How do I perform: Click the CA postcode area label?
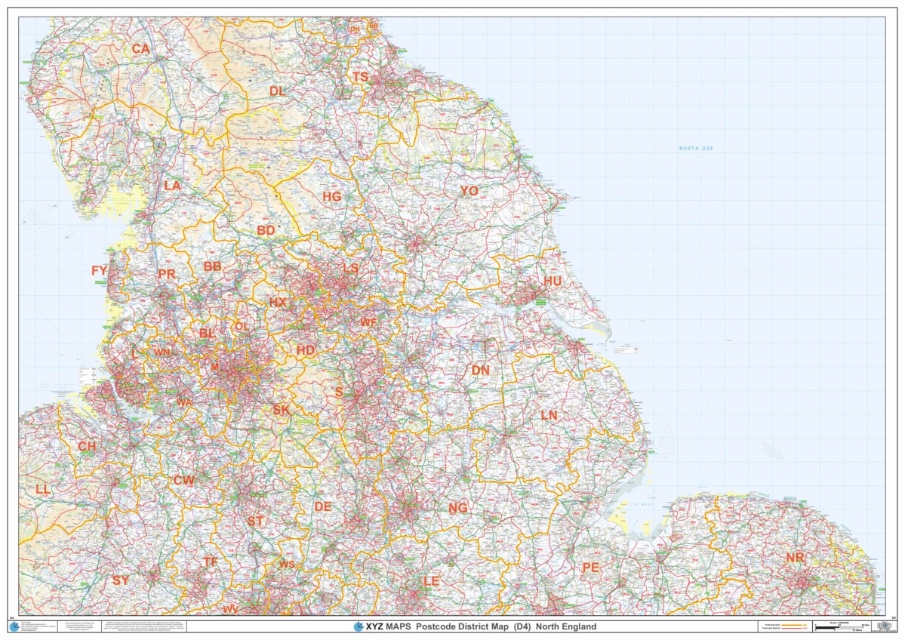click(x=140, y=49)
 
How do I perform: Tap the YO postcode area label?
click(x=469, y=192)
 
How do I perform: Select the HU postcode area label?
click(x=553, y=281)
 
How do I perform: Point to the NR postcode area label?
click(x=795, y=558)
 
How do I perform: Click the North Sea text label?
click(x=695, y=149)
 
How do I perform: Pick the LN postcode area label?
click(x=549, y=416)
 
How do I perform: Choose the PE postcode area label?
click(x=590, y=567)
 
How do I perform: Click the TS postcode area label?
click(x=360, y=77)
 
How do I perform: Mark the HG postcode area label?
click(x=332, y=196)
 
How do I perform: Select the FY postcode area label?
click(x=100, y=270)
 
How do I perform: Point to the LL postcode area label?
click(x=43, y=489)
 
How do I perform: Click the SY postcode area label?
click(x=121, y=580)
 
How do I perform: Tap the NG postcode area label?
click(x=457, y=508)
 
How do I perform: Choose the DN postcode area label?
click(x=480, y=371)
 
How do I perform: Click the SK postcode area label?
click(x=282, y=410)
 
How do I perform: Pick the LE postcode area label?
click(x=431, y=581)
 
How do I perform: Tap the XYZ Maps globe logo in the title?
click(x=359, y=626)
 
